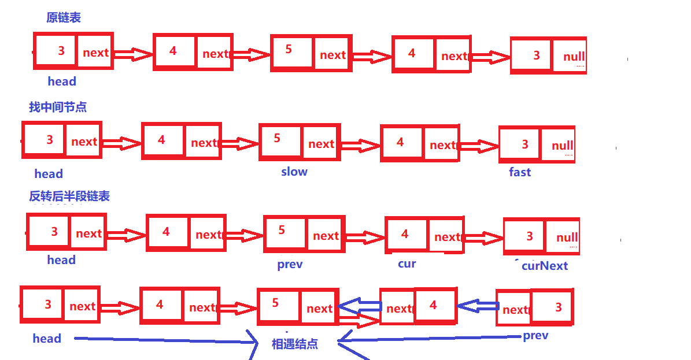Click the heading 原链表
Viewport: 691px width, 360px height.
64,18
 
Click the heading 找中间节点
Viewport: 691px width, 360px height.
58,107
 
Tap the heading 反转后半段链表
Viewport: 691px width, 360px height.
69,196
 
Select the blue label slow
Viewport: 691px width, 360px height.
294,172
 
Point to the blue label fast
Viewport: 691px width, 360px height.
520,172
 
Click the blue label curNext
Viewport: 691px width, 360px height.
545,266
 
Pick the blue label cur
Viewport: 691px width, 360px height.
407,263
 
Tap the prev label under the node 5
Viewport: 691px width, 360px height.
290,265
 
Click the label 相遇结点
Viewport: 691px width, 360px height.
295,344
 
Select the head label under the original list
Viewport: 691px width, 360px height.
62,81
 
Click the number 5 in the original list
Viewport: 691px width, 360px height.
289,50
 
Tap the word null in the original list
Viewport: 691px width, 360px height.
574,57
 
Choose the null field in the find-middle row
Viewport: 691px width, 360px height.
562,146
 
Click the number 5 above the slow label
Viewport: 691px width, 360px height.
277,138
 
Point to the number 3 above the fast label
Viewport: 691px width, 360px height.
525,144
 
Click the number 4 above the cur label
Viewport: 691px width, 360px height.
405,234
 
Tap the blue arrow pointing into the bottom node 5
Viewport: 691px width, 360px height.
357,305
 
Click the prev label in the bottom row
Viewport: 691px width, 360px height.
535,336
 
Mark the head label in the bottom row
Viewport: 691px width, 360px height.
47,339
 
